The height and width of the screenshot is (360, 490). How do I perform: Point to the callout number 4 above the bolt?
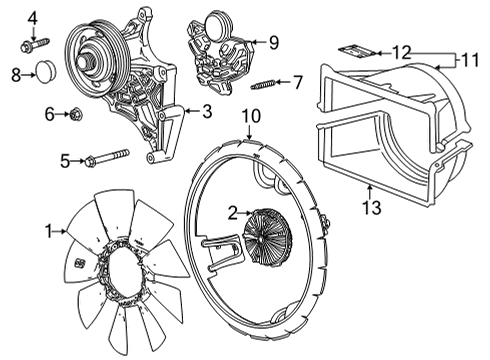[x=32, y=17]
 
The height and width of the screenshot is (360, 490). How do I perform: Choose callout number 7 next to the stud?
[x=297, y=81]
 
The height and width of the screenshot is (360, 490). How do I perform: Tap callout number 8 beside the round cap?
[x=16, y=74]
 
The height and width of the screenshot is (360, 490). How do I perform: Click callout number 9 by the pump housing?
[x=273, y=42]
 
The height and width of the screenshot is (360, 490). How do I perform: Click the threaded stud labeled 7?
[x=264, y=83]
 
